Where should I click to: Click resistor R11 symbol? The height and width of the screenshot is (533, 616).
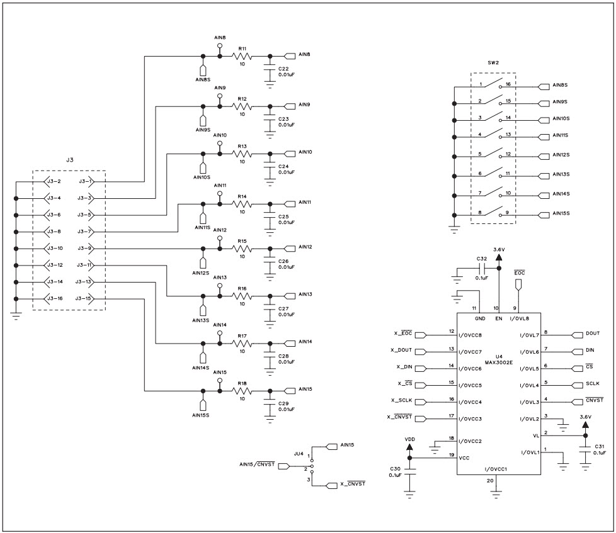point(242,56)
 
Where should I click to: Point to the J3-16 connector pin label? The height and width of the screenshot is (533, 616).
point(54,298)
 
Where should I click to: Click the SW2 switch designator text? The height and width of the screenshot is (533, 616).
point(493,63)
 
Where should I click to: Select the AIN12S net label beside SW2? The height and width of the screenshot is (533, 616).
point(560,155)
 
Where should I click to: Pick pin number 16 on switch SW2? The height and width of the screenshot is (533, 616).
point(508,84)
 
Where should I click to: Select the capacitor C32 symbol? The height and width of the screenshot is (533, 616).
point(482,267)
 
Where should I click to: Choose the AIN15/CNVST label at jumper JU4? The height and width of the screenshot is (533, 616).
point(256,465)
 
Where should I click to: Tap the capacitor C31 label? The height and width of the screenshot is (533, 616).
point(599,446)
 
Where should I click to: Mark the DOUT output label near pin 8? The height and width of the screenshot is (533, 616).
point(591,335)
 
